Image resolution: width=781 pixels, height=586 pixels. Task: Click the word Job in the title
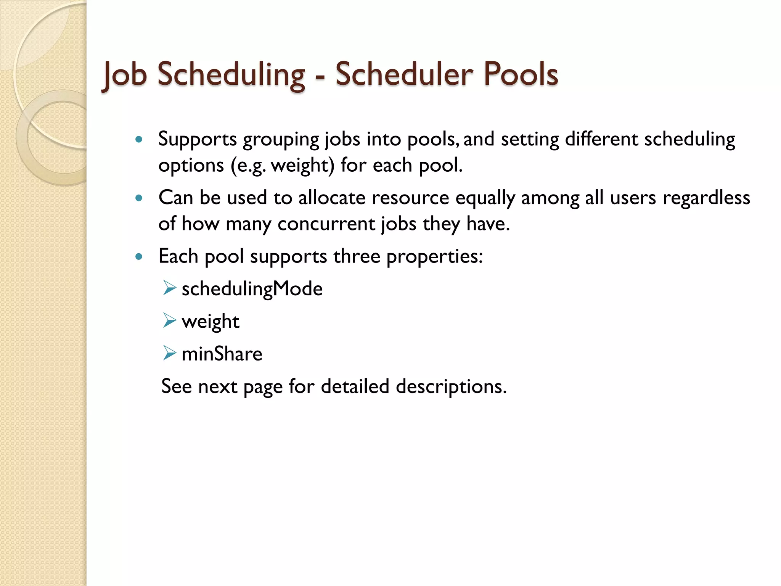tap(125, 75)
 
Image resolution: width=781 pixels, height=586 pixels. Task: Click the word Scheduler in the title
tap(404, 74)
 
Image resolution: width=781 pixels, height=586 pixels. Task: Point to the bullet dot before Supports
tap(139, 140)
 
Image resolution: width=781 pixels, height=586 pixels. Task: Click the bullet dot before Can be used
tap(139, 198)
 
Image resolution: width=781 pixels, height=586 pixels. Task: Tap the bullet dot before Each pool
tap(139, 256)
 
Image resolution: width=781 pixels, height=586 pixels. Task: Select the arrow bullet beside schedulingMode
tap(169, 288)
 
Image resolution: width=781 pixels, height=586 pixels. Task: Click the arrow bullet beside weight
tap(169, 320)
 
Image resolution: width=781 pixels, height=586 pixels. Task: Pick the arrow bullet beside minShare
tap(169, 353)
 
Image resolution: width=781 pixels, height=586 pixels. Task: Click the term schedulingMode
tap(252, 289)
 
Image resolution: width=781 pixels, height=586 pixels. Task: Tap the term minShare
tap(222, 354)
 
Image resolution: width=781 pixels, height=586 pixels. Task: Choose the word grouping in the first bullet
tap(281, 140)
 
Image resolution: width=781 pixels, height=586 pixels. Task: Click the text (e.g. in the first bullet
tap(248, 166)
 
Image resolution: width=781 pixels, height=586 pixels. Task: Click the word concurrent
tap(326, 224)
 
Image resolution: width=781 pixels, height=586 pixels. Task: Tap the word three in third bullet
tap(357, 256)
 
